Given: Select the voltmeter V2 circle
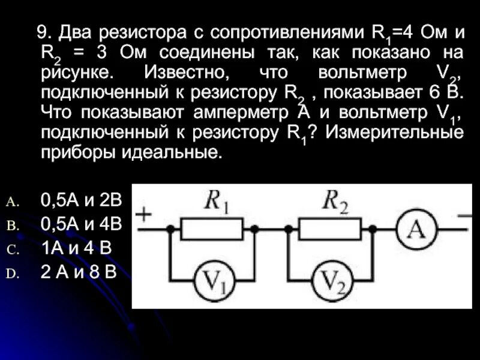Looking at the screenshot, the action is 332,281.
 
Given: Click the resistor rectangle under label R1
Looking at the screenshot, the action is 212,229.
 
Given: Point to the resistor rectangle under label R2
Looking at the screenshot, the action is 331,229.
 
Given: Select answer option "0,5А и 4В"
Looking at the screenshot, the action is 81,224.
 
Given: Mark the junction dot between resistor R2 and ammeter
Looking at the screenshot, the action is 373,229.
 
